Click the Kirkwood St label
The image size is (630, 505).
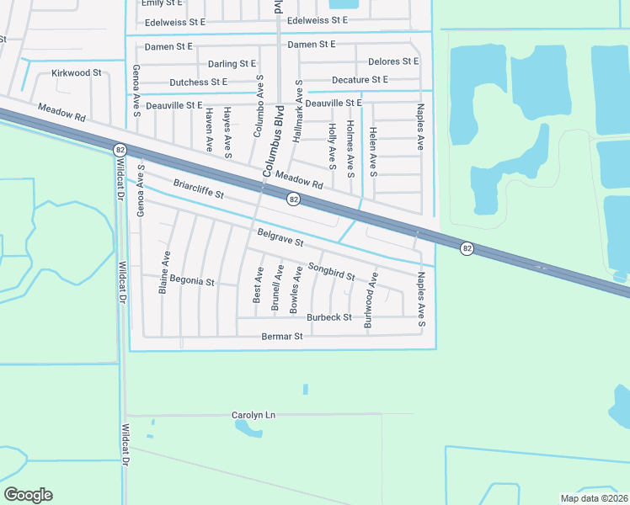pyautogui.click(x=76, y=73)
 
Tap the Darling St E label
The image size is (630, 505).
pyautogui.click(x=232, y=63)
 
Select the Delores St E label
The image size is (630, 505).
pyautogui.click(x=393, y=61)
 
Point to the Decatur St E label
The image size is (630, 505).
pyautogui.click(x=360, y=80)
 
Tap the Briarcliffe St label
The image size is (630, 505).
pyautogui.click(x=199, y=189)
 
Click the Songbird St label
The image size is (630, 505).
pyautogui.click(x=331, y=270)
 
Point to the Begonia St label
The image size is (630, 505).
pyautogui.click(x=192, y=280)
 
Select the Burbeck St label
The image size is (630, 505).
pyautogui.click(x=328, y=317)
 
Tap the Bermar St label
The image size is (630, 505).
pyautogui.click(x=280, y=337)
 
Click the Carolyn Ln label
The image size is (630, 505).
pyautogui.click(x=254, y=415)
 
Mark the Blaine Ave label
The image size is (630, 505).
pyautogui.click(x=165, y=272)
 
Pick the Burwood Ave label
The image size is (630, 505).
pyautogui.click(x=367, y=306)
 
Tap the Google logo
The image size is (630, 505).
pyautogui.click(x=28, y=495)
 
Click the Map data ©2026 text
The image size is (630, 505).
pyautogui.click(x=594, y=498)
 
